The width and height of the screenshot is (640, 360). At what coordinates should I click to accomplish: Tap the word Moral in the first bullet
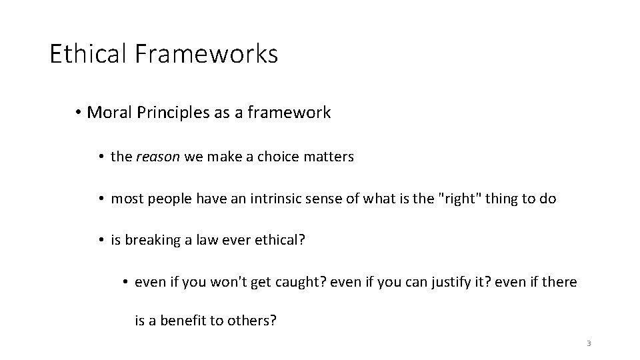[x=107, y=113]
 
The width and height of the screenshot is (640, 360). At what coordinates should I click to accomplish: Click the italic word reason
[x=155, y=157]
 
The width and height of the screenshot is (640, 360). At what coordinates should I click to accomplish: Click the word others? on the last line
[x=252, y=321]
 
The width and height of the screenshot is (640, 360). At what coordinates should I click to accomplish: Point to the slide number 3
[x=589, y=343]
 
